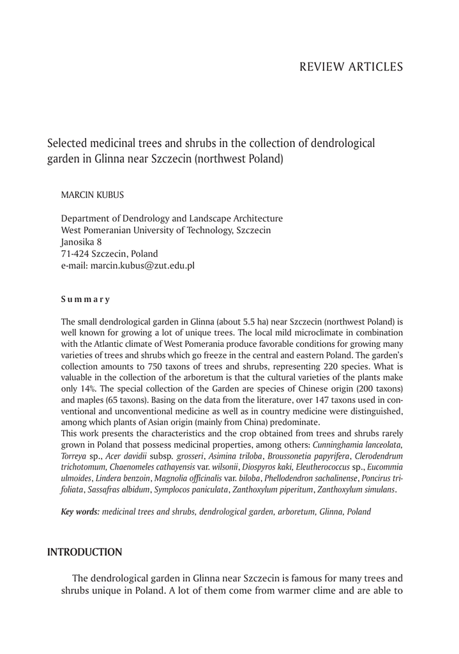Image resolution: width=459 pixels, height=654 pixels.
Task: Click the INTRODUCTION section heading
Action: pyautogui.click(x=84, y=551)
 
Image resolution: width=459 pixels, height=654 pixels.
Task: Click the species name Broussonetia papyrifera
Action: pyautogui.click(x=301, y=455)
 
